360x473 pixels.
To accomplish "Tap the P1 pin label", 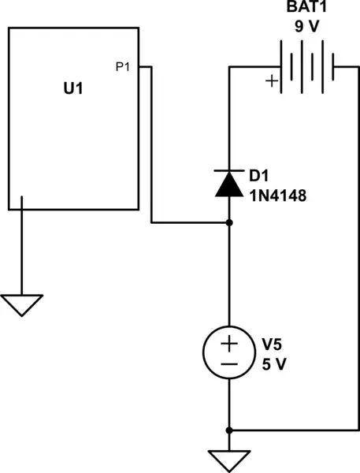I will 123,68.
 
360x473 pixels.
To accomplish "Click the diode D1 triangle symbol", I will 229,184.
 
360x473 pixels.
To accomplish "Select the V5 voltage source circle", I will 229,353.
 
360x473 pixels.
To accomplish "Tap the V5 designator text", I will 273,345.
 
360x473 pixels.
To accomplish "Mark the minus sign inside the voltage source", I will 229,364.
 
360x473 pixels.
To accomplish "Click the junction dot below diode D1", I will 229,223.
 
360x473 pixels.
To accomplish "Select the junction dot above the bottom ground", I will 229,430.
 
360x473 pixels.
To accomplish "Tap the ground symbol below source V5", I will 229,459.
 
